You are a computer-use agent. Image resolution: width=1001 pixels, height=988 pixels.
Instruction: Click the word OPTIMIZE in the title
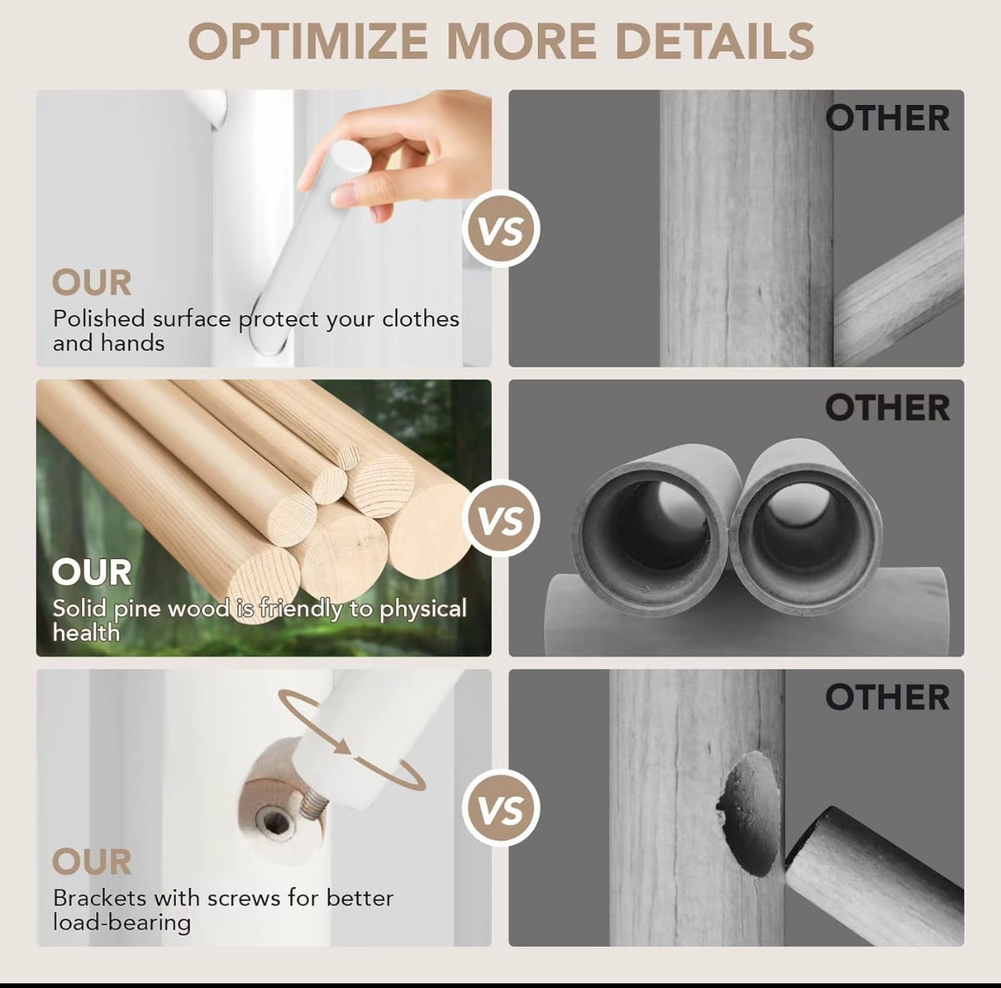click(x=307, y=41)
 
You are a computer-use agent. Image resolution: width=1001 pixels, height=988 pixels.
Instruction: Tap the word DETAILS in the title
click(x=715, y=41)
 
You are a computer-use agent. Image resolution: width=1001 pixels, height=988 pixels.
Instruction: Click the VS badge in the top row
click(x=501, y=229)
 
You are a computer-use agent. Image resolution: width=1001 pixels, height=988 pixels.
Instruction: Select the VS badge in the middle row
click(x=501, y=518)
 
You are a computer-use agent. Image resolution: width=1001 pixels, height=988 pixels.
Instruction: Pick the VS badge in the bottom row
click(x=501, y=808)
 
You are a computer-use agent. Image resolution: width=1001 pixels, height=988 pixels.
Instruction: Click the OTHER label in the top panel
click(x=887, y=118)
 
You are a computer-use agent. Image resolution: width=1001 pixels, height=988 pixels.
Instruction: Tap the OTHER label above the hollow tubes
click(x=887, y=407)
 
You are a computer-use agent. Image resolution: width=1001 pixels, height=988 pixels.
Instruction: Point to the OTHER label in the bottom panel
click(x=887, y=697)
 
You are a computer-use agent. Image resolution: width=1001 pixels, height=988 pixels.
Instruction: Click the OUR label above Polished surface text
click(x=92, y=283)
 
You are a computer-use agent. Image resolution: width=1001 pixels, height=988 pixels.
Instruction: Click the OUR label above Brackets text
click(x=92, y=861)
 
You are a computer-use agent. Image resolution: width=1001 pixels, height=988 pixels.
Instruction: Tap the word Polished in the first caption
click(x=99, y=318)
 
